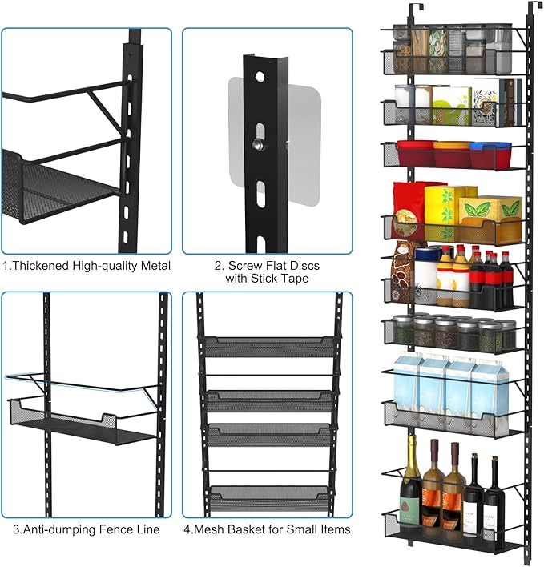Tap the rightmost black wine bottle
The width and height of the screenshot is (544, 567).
point(492,497)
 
